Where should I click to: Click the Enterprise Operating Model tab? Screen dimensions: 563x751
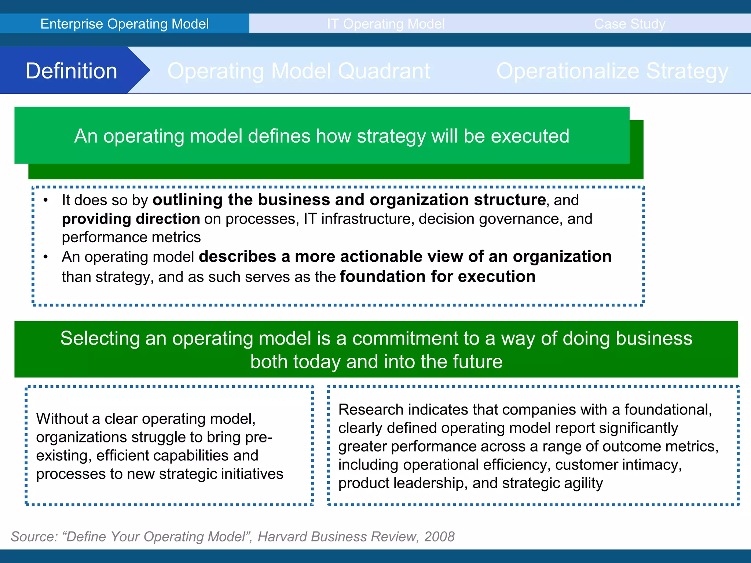(x=124, y=24)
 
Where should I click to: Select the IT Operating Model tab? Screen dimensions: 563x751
(x=386, y=24)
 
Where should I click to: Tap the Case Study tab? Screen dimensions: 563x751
(x=629, y=24)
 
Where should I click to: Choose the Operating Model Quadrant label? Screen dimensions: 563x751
(x=298, y=71)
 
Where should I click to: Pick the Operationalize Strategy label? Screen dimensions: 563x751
(x=612, y=71)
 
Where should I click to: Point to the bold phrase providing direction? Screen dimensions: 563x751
(x=131, y=219)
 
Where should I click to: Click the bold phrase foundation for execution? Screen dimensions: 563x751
(x=437, y=276)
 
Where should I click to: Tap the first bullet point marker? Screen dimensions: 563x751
(x=45, y=200)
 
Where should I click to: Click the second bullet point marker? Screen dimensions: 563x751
(x=45, y=257)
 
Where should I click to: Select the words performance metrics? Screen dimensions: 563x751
(x=131, y=238)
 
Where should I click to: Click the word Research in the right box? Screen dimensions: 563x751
(x=370, y=409)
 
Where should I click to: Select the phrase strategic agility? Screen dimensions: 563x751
(x=552, y=483)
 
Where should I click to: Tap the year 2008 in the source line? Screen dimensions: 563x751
(x=439, y=537)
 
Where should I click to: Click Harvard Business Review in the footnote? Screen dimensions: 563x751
(x=337, y=537)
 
